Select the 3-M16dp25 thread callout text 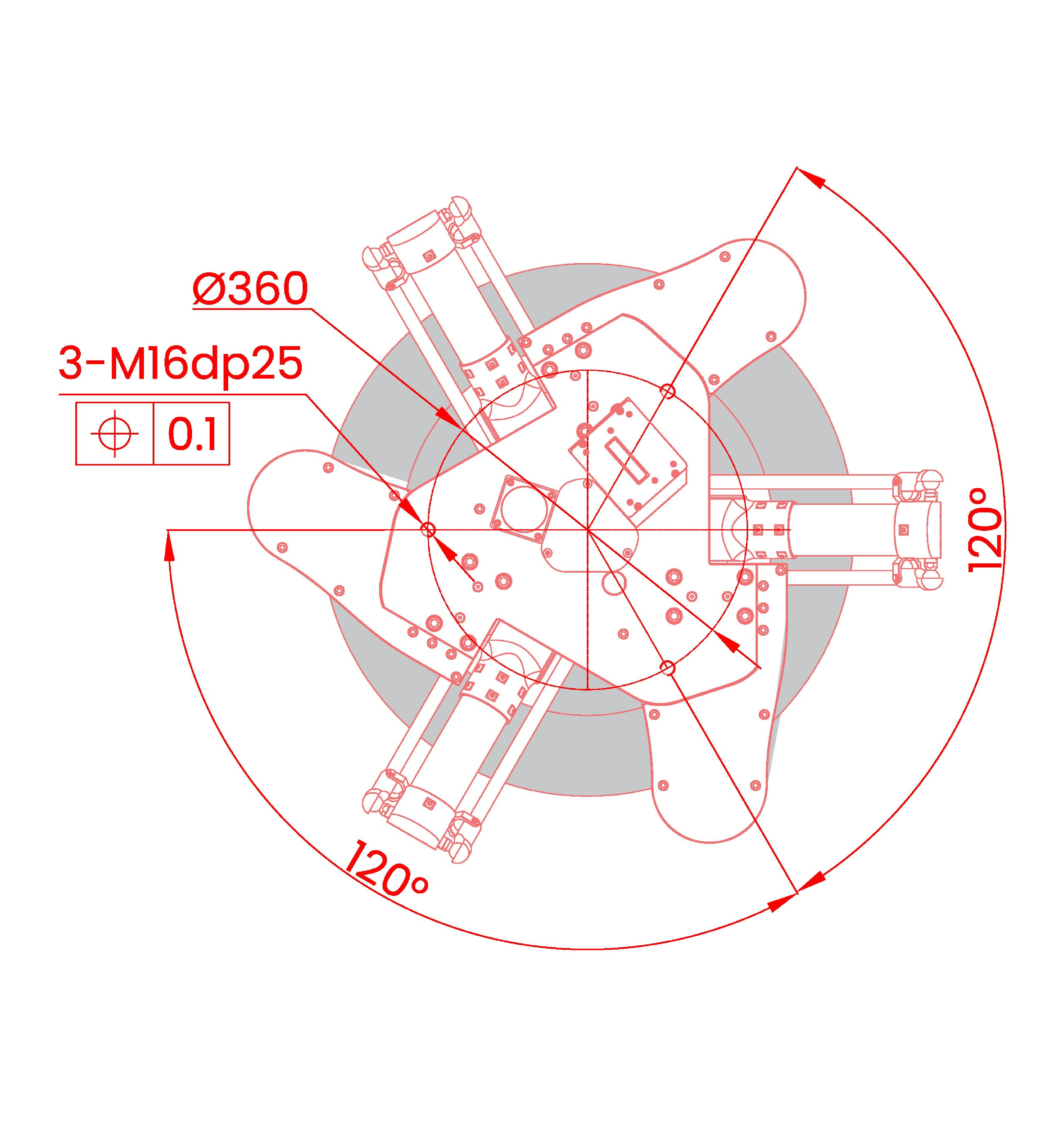tap(181, 365)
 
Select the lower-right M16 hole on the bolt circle tap(668, 668)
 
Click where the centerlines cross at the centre tap(588, 530)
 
